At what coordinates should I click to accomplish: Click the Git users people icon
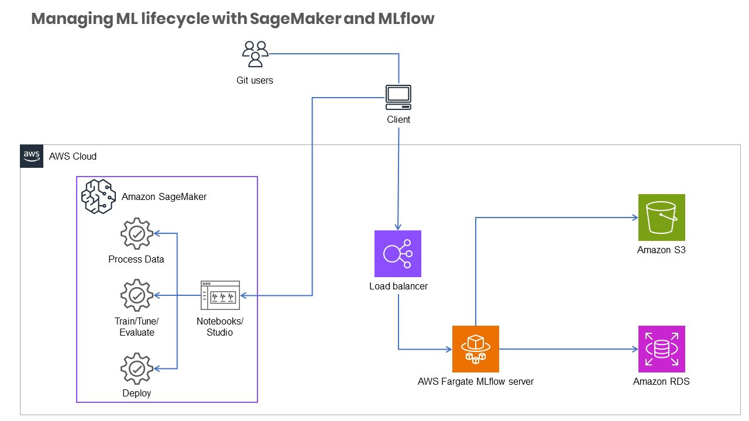[x=255, y=54]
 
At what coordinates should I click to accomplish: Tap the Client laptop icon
[x=398, y=97]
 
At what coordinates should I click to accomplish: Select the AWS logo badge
[x=32, y=156]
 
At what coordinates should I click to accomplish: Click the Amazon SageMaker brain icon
[x=97, y=196]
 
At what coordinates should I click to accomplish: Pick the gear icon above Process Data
[x=136, y=234]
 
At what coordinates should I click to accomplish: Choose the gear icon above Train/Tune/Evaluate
[x=136, y=295]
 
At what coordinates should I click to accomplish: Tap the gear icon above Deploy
[x=136, y=368]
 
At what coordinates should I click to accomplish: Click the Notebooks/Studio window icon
[x=220, y=295]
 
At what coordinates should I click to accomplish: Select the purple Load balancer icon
[x=398, y=253]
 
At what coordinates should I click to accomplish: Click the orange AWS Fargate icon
[x=476, y=349]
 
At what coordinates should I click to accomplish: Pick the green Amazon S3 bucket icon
[x=661, y=218]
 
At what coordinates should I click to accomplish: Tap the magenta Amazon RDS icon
[x=661, y=349]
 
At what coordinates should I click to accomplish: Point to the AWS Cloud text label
[x=73, y=157]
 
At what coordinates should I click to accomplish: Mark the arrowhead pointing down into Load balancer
[x=398, y=227]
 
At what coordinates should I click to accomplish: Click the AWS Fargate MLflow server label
[x=475, y=382]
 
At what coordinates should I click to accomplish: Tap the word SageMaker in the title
[x=295, y=19]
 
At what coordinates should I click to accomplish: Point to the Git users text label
[x=255, y=80]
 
